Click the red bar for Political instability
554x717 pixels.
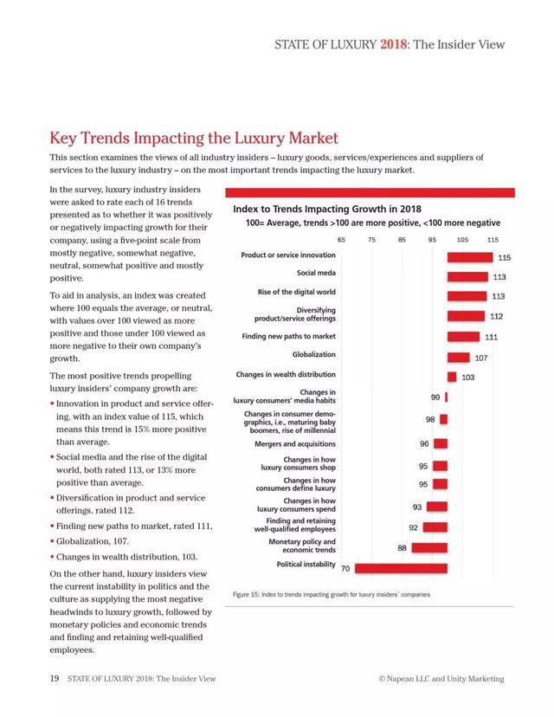pyautogui.click(x=401, y=568)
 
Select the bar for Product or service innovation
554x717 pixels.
pyautogui.click(x=469, y=256)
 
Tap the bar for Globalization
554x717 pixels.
pyautogui.click(x=458, y=358)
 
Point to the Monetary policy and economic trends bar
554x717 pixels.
pyautogui.click(x=429, y=547)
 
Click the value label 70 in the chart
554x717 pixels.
pyautogui.click(x=345, y=569)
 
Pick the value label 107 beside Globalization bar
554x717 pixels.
pyautogui.click(x=481, y=358)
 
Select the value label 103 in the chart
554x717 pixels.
pyautogui.click(x=467, y=377)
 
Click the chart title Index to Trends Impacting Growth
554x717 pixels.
pyautogui.click(x=327, y=209)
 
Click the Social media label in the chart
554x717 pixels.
pyautogui.click(x=316, y=274)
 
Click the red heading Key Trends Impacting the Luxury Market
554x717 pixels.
pyautogui.click(x=193, y=138)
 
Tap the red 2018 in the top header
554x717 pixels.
pyautogui.click(x=394, y=44)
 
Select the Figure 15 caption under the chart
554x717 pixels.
pyautogui.click(x=332, y=595)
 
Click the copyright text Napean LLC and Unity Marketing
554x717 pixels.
pyautogui.click(x=441, y=679)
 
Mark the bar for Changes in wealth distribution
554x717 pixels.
pyautogui.click(x=451, y=377)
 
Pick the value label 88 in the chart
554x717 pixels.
pyautogui.click(x=403, y=548)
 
